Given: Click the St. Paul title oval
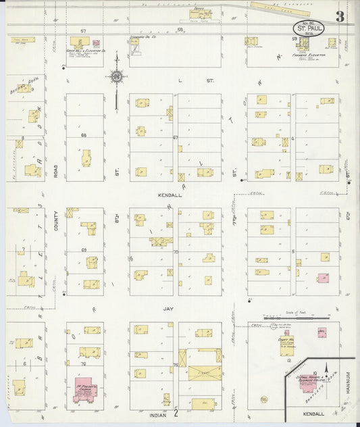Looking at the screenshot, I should click(308, 29).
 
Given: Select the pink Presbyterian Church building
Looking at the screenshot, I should click(86, 391).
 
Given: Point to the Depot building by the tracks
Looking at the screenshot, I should click(201, 14).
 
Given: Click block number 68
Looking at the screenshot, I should click(84, 136).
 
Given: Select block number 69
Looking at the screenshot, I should click(84, 250).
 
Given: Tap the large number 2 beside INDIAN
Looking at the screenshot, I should click(175, 413).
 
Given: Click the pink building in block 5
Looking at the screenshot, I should click(324, 277).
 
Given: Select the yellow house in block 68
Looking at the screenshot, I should click(86, 159).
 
